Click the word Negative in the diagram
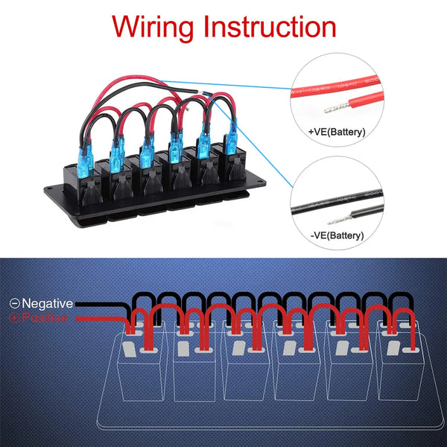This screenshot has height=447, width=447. point(47,303)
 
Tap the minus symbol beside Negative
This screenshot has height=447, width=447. point(13,303)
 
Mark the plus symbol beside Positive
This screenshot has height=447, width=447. point(13,318)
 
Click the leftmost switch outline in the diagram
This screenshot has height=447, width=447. point(140,365)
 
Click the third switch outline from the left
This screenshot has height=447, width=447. point(247,365)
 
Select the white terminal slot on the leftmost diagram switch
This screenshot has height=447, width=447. point(130,349)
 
